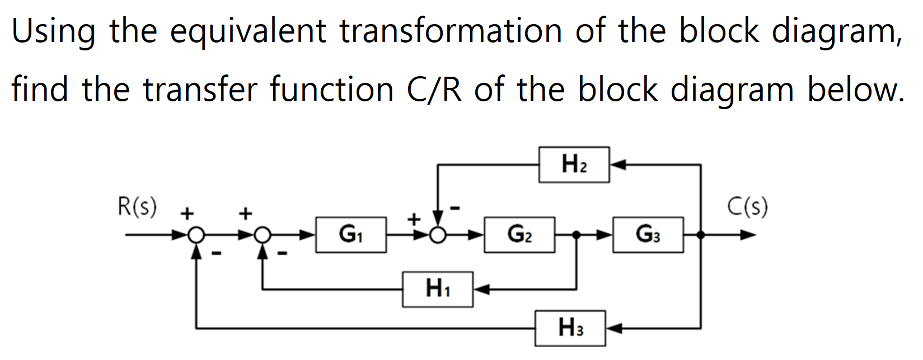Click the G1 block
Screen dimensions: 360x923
tap(351, 235)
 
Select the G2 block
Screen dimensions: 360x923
tap(519, 235)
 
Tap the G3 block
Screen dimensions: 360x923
tap(648, 235)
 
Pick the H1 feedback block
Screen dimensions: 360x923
tap(437, 289)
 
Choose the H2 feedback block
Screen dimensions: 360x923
tap(574, 165)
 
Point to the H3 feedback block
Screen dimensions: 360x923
tap(570, 328)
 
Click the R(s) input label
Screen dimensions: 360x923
tap(137, 207)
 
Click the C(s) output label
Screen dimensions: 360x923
tap(747, 207)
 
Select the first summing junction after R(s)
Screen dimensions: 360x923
tap(196, 235)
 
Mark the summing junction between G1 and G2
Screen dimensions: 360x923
tap(438, 235)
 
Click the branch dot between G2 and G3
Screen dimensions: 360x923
tap(577, 235)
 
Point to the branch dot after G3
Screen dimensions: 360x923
tap(701, 235)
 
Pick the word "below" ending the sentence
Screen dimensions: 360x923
tap(855, 90)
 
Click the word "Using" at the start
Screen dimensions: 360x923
tap(54, 32)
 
